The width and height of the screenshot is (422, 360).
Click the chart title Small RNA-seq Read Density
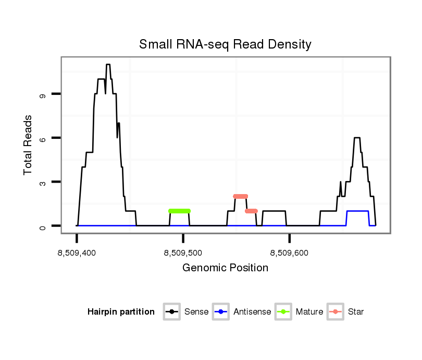click(x=225, y=44)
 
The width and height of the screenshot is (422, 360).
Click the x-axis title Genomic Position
click(x=225, y=268)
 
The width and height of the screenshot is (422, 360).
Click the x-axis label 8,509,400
click(x=77, y=253)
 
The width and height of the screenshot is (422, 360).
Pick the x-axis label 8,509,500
click(x=183, y=253)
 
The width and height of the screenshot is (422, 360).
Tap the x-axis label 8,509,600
click(x=290, y=253)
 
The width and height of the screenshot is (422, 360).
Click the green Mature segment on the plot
click(x=180, y=211)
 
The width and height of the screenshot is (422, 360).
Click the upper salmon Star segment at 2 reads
click(x=240, y=196)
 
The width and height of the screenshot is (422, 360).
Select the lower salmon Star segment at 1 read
click(x=251, y=211)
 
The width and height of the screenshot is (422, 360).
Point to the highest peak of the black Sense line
click(x=108, y=65)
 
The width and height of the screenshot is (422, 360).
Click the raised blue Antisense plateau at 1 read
click(x=357, y=211)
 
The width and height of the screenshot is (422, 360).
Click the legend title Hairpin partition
click(x=121, y=312)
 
